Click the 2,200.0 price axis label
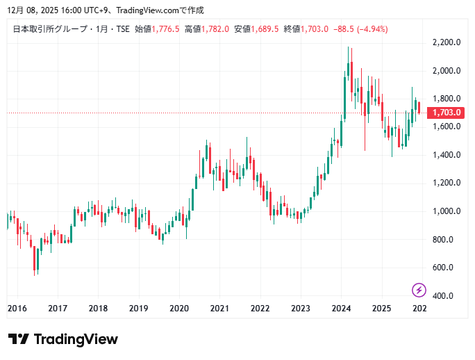click(x=447, y=42)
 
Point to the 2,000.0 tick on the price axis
click(x=447, y=71)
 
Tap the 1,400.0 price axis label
click(x=447, y=155)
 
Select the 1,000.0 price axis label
click(x=447, y=211)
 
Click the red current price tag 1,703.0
click(x=447, y=113)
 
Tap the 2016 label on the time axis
click(x=17, y=309)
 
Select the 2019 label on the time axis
click(x=139, y=309)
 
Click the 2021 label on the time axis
click(x=219, y=309)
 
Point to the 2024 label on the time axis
click(x=341, y=309)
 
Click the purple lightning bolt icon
click(x=419, y=290)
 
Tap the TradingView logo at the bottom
click(x=63, y=339)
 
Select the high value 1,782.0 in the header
click(x=215, y=29)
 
